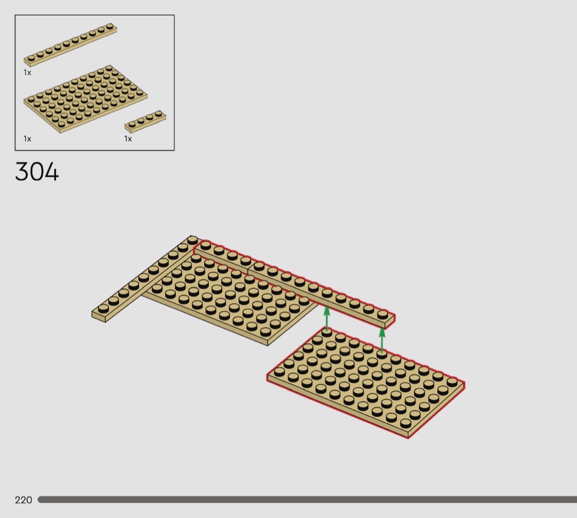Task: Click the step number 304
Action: pos(37,172)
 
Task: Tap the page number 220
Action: pos(24,500)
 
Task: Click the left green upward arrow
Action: pos(326,318)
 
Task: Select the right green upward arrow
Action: pos(382,339)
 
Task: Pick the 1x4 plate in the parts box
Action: pos(146,121)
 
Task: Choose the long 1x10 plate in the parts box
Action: pos(70,45)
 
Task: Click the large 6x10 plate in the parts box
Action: pos(85,98)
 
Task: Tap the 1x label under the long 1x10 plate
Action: pos(27,73)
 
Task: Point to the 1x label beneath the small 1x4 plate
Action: pos(127,139)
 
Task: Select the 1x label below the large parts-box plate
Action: pos(27,139)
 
